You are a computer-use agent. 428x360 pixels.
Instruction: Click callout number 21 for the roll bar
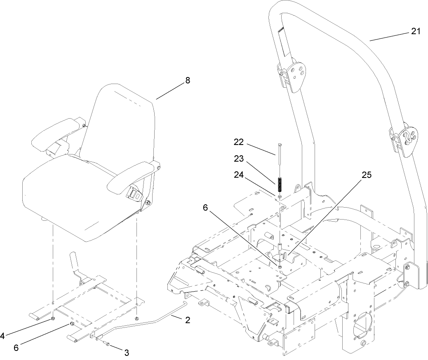[415, 31]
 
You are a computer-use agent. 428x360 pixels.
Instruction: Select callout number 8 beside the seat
[188, 80]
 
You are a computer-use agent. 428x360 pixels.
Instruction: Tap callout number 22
[239, 143]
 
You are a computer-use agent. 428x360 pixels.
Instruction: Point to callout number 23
[239, 159]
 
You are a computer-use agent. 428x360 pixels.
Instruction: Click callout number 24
[239, 174]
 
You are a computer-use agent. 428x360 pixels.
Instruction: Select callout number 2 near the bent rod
[188, 320]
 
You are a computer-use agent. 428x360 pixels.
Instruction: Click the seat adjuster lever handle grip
[74, 260]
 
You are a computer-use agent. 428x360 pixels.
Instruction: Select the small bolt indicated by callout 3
[106, 343]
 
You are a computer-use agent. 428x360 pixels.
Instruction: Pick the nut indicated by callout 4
[53, 319]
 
